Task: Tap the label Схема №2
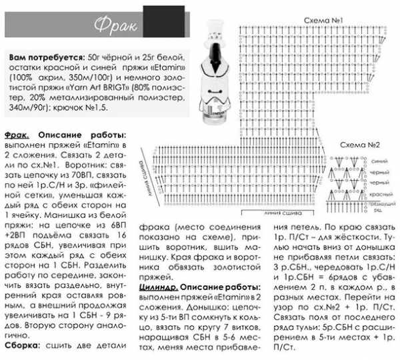point(359,145)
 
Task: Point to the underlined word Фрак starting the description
point(17,134)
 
